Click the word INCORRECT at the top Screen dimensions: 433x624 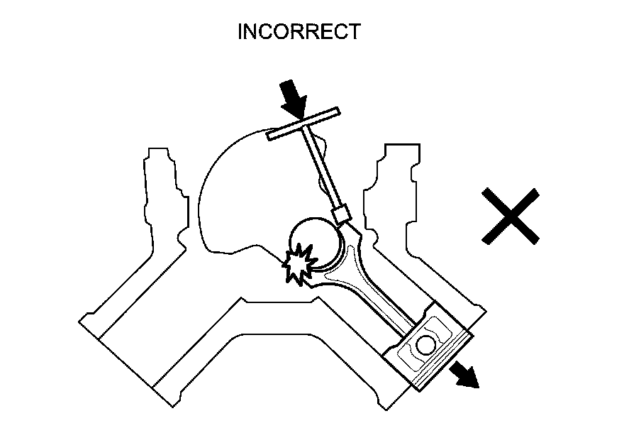click(299, 32)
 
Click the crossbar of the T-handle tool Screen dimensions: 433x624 click(303, 124)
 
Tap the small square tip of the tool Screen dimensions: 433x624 click(342, 214)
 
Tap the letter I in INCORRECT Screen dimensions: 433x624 click(240, 32)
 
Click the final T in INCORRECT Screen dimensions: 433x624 click(353, 32)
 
